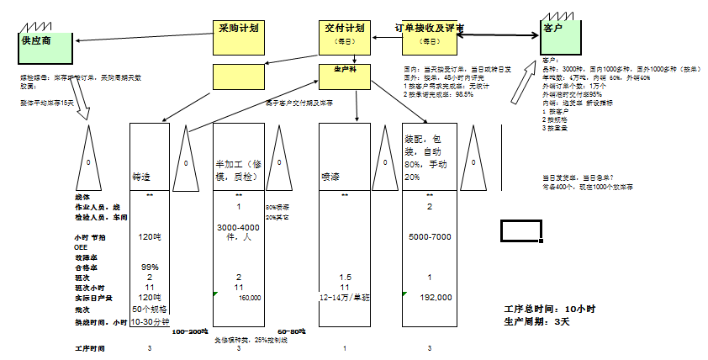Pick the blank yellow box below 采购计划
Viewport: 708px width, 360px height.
tap(239, 77)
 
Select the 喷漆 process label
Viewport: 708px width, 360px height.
tap(329, 177)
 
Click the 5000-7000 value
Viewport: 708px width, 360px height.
tap(430, 237)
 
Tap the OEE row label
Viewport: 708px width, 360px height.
tap(81, 247)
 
